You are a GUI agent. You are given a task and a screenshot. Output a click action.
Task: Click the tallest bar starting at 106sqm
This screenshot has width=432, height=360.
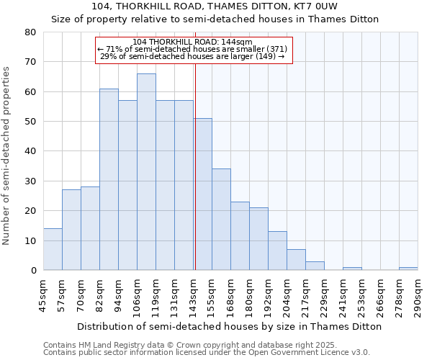pyautogui.click(x=146, y=172)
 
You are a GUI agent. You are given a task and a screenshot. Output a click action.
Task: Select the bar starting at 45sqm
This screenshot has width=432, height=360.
pyautogui.click(x=53, y=249)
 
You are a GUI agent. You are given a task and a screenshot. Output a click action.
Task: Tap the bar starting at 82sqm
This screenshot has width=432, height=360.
pyautogui.click(x=109, y=179)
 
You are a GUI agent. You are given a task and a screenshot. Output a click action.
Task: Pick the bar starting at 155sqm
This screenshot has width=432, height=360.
pyautogui.click(x=221, y=220)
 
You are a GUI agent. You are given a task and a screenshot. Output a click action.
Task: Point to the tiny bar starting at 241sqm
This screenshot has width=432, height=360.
pyautogui.click(x=352, y=269)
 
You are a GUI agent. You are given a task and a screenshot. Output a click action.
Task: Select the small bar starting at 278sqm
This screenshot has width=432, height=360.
pyautogui.click(x=408, y=269)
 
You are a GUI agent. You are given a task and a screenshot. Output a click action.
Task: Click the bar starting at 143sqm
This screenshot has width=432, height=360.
pyautogui.click(x=202, y=194)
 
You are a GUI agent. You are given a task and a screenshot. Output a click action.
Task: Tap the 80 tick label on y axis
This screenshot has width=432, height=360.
pyautogui.click(x=30, y=32)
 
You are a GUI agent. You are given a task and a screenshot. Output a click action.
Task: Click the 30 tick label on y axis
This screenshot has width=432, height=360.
pyautogui.click(x=30, y=181)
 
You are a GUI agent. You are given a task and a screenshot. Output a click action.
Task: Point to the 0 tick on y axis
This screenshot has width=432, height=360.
pyautogui.click(x=33, y=271)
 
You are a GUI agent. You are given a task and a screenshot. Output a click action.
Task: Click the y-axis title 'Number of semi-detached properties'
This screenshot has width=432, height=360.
pyautogui.click(x=7, y=156)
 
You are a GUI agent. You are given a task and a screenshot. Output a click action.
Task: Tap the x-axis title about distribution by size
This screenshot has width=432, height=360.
pyautogui.click(x=229, y=326)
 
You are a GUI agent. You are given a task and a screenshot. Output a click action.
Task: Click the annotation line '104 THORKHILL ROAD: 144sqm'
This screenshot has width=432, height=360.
pyautogui.click(x=192, y=42)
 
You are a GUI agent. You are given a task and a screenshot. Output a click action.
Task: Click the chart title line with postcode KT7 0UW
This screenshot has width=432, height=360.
pyautogui.click(x=215, y=6)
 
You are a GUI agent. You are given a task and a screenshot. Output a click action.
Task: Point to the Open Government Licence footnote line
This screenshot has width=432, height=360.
pyautogui.click(x=207, y=352)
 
